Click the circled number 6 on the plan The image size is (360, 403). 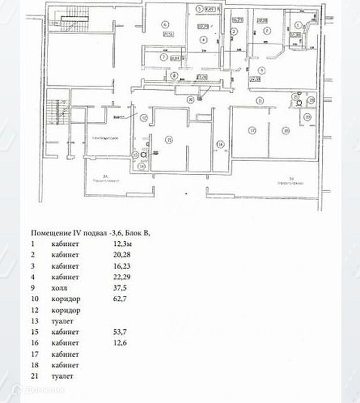[x=164, y=23]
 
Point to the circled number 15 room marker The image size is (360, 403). [x=170, y=140]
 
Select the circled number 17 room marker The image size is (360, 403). [x=252, y=130]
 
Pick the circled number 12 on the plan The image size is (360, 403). [x=143, y=118]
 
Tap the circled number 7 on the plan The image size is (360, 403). [x=164, y=57]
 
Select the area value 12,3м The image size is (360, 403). [x=123, y=244]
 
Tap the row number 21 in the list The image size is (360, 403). [x=35, y=376]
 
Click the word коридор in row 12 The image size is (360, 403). [x=66, y=310]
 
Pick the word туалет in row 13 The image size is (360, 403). [x=62, y=321]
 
